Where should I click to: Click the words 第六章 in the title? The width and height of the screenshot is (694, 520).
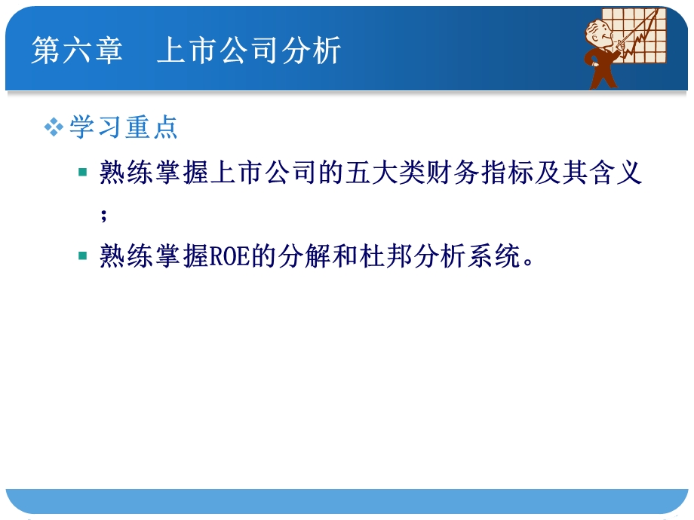coord(76,51)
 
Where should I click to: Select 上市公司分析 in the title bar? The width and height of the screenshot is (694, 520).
coord(249,51)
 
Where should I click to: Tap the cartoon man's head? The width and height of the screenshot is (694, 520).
coord(600,32)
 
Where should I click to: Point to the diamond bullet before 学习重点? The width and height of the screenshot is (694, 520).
coord(54,127)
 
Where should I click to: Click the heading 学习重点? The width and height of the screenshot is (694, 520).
coord(124,127)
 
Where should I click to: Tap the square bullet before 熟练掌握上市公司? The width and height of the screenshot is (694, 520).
coord(83,173)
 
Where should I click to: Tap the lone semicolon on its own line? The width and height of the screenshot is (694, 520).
coord(104,215)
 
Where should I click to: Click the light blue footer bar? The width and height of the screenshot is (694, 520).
coord(347,501)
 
